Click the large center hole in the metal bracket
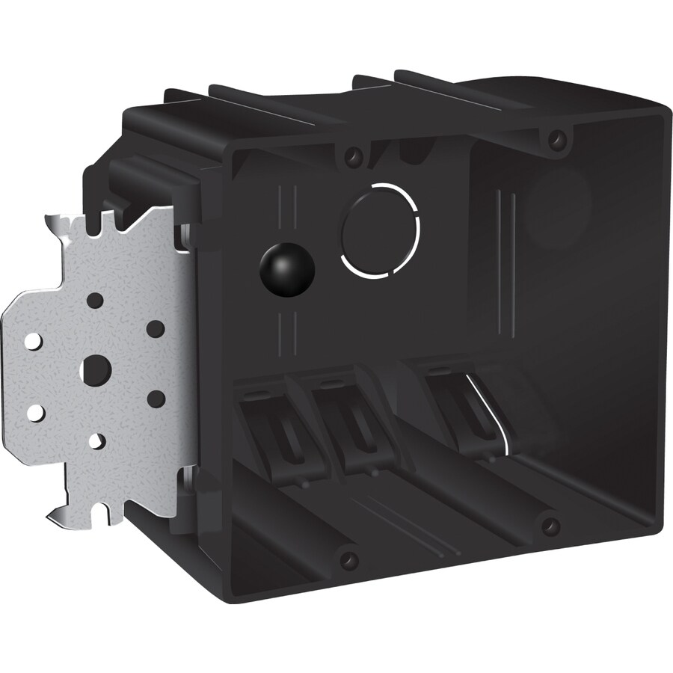(96, 369)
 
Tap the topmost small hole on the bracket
(95, 301)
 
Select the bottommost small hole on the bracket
(96, 440)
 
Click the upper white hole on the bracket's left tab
(32, 341)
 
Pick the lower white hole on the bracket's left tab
(34, 411)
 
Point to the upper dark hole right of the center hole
(155, 329)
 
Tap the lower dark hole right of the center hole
(156, 399)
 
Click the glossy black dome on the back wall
(286, 267)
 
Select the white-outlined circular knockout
(380, 229)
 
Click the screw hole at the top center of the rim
(350, 158)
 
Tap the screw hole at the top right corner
(555, 138)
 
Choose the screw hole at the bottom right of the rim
(550, 526)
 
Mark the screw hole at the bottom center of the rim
(346, 559)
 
